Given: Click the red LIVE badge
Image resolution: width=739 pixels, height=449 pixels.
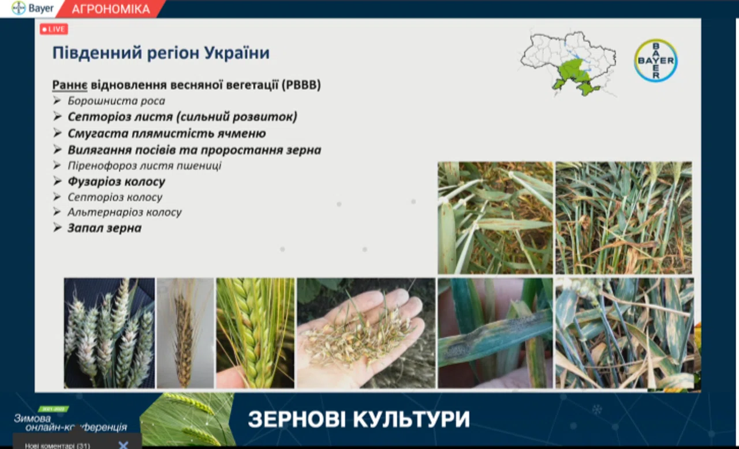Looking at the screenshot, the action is point(54,29).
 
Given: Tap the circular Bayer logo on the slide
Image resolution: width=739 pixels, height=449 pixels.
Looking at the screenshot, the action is point(656,61).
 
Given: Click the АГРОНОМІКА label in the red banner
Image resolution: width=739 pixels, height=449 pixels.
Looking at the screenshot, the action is point(111,9).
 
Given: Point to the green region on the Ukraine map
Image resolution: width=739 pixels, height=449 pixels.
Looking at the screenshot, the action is point(574,76).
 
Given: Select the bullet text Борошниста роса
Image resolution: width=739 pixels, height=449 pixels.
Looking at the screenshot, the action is point(116,101).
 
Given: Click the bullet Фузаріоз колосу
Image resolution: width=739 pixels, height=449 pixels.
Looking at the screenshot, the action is point(116,182).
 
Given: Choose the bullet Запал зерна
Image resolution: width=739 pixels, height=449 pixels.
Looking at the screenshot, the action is point(104,228).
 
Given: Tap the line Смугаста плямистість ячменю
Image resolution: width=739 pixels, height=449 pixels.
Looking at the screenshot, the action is point(167,133).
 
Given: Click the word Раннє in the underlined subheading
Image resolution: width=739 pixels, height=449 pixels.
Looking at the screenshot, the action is point(70,85).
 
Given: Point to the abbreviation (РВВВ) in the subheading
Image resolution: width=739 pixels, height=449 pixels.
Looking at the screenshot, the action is point(301,85).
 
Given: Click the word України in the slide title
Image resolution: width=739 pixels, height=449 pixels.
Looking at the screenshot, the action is point(237,52).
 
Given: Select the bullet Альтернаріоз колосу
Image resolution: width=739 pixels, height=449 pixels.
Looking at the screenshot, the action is point(124,212).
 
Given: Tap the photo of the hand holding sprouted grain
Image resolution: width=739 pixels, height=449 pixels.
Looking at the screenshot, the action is point(366,333).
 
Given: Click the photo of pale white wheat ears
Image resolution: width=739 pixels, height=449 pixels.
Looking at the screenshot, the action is point(109,333).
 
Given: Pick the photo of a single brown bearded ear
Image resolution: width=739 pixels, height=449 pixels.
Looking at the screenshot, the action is point(185,333).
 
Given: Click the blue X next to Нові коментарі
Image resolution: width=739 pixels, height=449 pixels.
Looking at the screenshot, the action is point(124,445).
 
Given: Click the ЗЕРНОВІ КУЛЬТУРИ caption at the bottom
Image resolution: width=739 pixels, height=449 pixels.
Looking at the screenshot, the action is point(359,420).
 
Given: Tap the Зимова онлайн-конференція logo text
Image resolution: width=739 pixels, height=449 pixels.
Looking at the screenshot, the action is point(70,423).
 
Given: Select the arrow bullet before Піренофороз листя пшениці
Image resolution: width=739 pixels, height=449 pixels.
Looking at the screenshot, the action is point(57,165).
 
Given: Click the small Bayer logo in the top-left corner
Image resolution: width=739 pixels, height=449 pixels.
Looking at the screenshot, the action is point(32,8).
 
